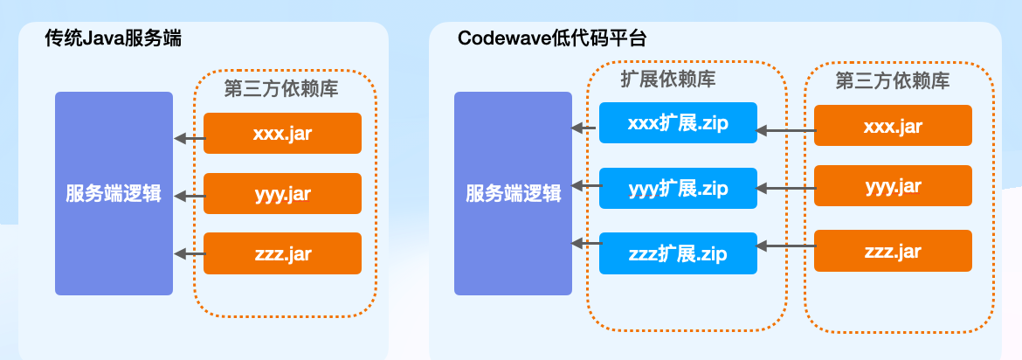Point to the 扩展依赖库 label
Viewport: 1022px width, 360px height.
[668, 80]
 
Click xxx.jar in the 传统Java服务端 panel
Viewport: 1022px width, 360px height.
[282, 133]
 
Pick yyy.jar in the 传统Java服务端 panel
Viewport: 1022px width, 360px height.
[282, 194]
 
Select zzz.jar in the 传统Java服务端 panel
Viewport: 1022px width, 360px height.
[282, 253]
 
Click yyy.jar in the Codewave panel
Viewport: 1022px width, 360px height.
[893, 186]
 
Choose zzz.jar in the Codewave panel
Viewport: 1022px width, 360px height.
[893, 251]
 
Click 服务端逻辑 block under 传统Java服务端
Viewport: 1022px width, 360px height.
[114, 193]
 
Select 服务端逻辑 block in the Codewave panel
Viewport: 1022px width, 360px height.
[513, 193]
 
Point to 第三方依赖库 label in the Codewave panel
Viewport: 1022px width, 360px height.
[892, 80]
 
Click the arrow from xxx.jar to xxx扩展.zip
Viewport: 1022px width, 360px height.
[785, 131]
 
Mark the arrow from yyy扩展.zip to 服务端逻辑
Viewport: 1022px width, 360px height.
[585, 185]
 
